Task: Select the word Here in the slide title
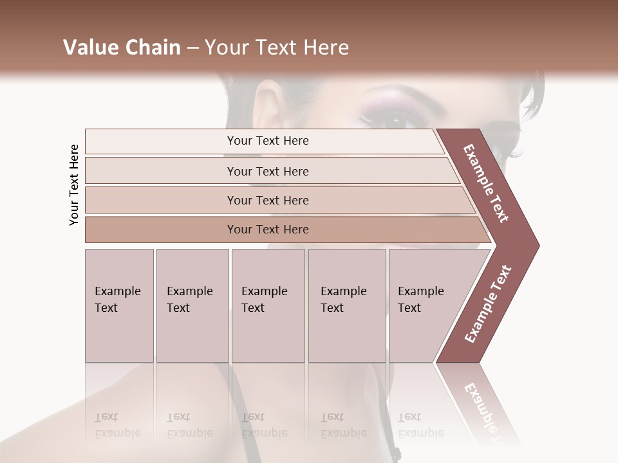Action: point(325,48)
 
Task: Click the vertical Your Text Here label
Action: point(74,185)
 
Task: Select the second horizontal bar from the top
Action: point(267,171)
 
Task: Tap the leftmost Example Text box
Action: point(119,305)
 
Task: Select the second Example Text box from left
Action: point(192,305)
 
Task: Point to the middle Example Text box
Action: point(268,305)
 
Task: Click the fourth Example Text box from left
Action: point(347,305)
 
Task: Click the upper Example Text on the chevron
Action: point(486,183)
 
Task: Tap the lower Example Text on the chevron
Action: point(488,304)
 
